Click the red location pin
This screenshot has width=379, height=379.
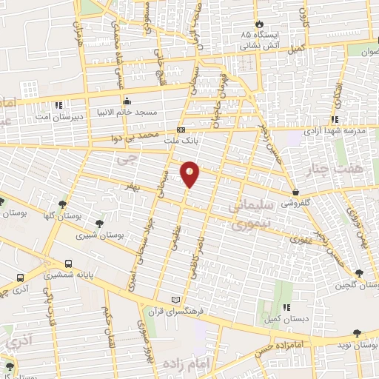[x=190, y=174]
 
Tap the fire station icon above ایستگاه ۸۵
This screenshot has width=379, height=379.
[x=258, y=23]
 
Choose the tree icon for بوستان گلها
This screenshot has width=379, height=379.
[x=61, y=204]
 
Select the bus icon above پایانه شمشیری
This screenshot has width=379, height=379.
[x=69, y=263]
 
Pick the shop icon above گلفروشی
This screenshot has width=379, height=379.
[x=295, y=192]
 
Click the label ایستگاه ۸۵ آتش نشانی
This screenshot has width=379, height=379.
[x=258, y=40]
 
